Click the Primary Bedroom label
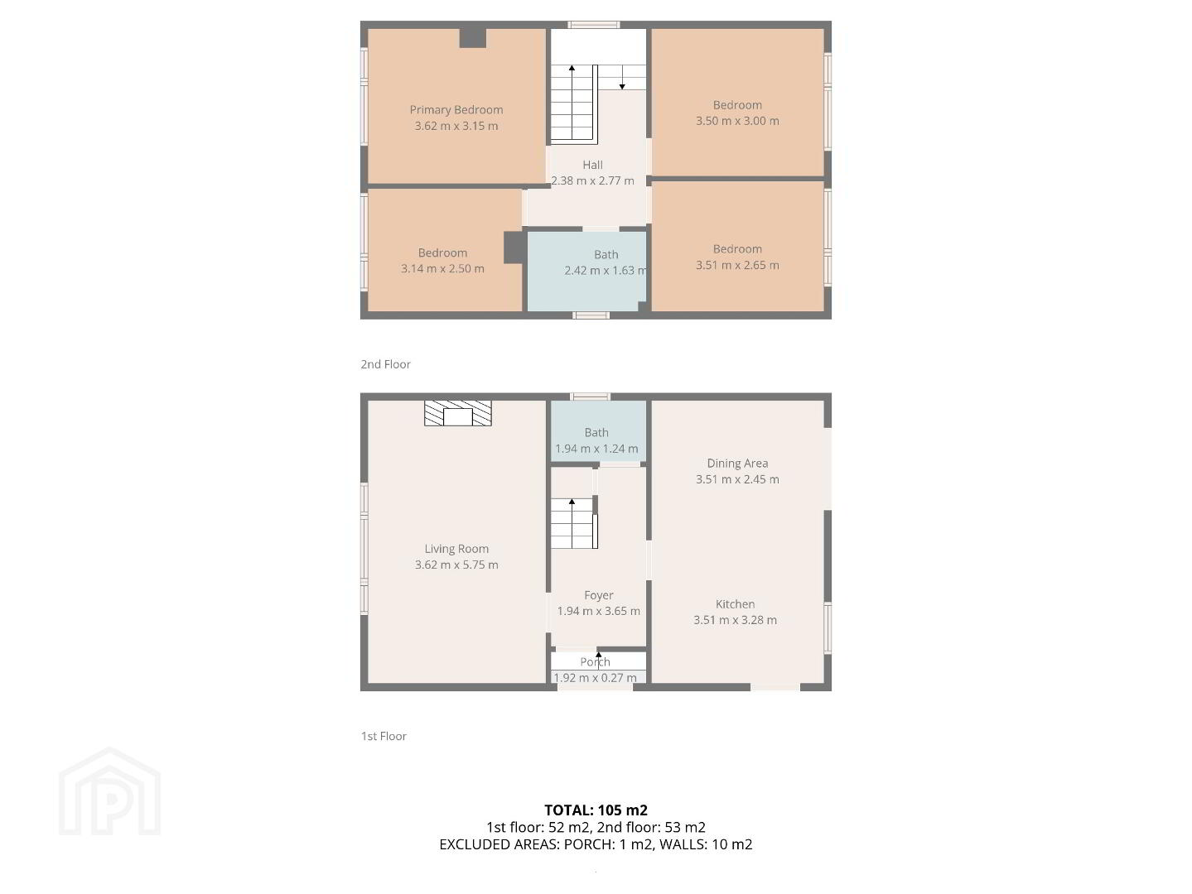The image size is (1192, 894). (x=456, y=109)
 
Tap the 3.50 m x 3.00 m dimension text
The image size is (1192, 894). (x=737, y=121)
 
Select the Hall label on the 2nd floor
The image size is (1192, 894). (x=592, y=165)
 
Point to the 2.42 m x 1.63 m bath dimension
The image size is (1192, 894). (x=605, y=270)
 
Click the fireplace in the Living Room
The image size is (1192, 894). (x=458, y=413)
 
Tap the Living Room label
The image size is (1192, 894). (x=456, y=549)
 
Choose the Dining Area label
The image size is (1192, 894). (x=737, y=464)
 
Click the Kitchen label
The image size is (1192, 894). (x=735, y=604)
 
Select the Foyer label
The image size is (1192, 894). (x=598, y=596)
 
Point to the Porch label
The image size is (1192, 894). (x=595, y=662)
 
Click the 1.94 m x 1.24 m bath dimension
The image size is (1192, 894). (x=596, y=449)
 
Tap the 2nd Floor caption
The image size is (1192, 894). (x=385, y=364)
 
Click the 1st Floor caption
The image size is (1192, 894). (x=384, y=736)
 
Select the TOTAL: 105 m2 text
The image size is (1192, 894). (x=596, y=810)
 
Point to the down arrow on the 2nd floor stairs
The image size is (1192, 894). (x=622, y=77)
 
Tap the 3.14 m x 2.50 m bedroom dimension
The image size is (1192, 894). (x=442, y=268)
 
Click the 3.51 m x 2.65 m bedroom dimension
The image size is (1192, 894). (x=737, y=265)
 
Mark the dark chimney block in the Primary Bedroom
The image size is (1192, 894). (x=472, y=38)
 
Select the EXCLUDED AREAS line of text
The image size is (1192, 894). (x=596, y=844)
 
